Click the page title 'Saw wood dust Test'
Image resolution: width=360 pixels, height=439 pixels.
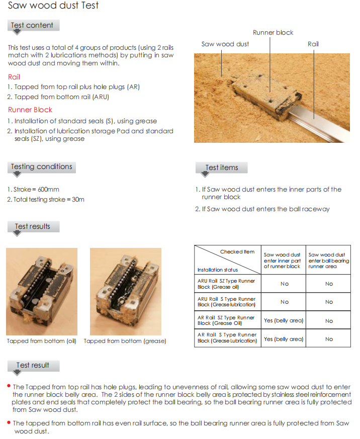click(53, 6)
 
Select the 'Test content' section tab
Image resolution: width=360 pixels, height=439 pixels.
click(33, 25)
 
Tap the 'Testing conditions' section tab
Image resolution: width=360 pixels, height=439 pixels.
click(41, 166)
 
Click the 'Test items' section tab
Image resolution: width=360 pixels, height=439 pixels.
click(222, 167)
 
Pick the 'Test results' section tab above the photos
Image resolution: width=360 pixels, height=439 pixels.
click(33, 226)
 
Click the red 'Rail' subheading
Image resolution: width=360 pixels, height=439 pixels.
click(14, 77)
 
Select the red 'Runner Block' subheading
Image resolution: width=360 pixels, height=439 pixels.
click(30, 110)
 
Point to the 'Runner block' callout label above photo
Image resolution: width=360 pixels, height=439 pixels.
click(273, 33)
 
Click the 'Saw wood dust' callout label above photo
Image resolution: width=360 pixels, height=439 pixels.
click(225, 44)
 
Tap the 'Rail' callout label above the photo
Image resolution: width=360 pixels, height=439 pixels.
click(313, 44)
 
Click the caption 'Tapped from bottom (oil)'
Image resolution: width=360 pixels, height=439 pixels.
click(42, 341)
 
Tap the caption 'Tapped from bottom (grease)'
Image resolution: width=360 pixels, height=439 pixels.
click(125, 341)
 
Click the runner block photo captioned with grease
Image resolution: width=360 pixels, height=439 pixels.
click(126, 292)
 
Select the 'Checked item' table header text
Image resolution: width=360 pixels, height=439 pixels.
click(237, 251)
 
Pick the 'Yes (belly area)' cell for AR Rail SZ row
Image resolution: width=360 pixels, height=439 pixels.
click(284, 320)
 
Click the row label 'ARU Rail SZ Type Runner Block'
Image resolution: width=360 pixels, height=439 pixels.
click(226, 284)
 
